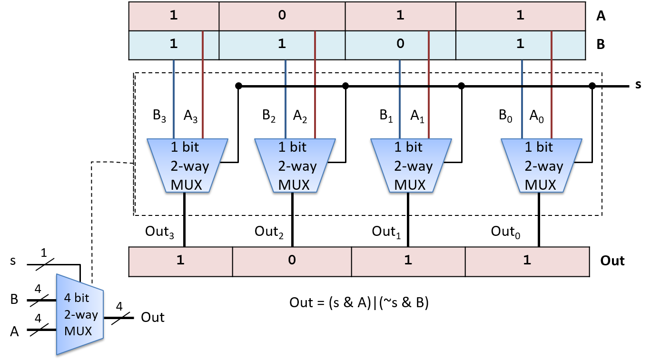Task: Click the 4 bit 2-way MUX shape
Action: coord(79,314)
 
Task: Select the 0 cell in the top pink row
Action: coord(282,16)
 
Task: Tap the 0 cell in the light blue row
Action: coord(400,44)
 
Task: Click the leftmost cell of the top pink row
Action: coord(174,16)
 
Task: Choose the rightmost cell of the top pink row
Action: coord(520,16)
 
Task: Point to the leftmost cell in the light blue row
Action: coord(174,44)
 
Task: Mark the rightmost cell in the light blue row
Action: coord(520,44)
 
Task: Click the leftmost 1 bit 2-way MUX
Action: coord(187,165)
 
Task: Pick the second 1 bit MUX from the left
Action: coord(295,165)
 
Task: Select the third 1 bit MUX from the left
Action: coord(411,165)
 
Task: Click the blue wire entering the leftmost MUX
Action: coord(174,100)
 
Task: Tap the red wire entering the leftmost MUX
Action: coord(203,100)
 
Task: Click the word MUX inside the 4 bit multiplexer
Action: coord(78,331)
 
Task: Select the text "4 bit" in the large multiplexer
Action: coord(77,298)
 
